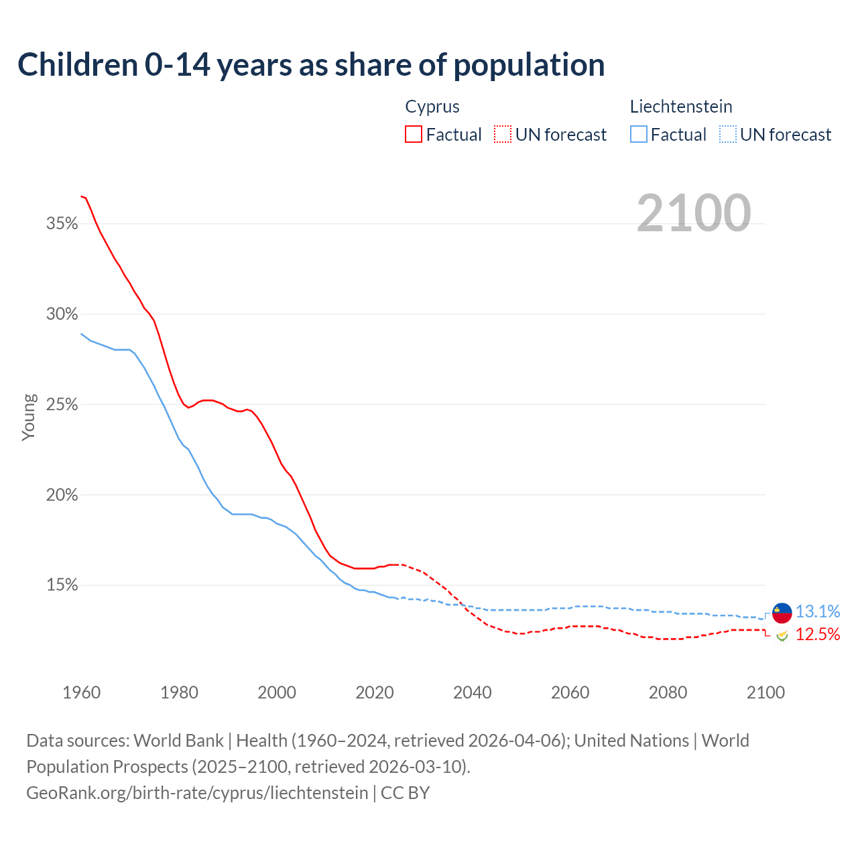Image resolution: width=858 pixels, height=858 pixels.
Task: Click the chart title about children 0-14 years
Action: (311, 65)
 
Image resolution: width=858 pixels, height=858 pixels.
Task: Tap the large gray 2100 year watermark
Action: (694, 212)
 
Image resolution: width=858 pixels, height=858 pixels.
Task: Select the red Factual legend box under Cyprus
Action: (414, 135)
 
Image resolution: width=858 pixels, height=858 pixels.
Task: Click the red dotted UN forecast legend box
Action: (503, 135)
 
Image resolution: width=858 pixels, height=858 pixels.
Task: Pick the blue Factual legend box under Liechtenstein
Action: (638, 135)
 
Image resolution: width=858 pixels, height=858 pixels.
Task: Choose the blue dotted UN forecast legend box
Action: (727, 135)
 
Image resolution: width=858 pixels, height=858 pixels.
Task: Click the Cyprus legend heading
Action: (432, 107)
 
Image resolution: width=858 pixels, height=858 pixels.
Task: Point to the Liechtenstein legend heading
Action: (680, 107)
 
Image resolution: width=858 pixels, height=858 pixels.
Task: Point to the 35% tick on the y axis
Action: (62, 224)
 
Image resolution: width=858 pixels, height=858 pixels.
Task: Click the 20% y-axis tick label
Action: (62, 495)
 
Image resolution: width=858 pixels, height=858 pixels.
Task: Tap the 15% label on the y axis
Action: (62, 586)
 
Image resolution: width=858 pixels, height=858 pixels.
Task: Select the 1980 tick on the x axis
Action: (179, 692)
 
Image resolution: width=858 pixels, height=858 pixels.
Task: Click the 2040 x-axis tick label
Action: (472, 692)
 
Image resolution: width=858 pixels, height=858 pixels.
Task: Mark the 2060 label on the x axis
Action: (570, 692)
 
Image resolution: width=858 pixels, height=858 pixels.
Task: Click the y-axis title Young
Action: (29, 417)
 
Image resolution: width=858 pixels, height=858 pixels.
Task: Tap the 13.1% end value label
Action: (817, 611)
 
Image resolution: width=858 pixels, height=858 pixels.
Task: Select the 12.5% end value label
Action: (817, 635)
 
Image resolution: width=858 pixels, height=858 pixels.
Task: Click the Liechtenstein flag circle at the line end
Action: (782, 613)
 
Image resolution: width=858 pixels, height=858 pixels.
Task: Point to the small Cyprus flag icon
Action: (782, 635)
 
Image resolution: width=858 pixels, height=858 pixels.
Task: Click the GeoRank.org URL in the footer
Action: (197, 793)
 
